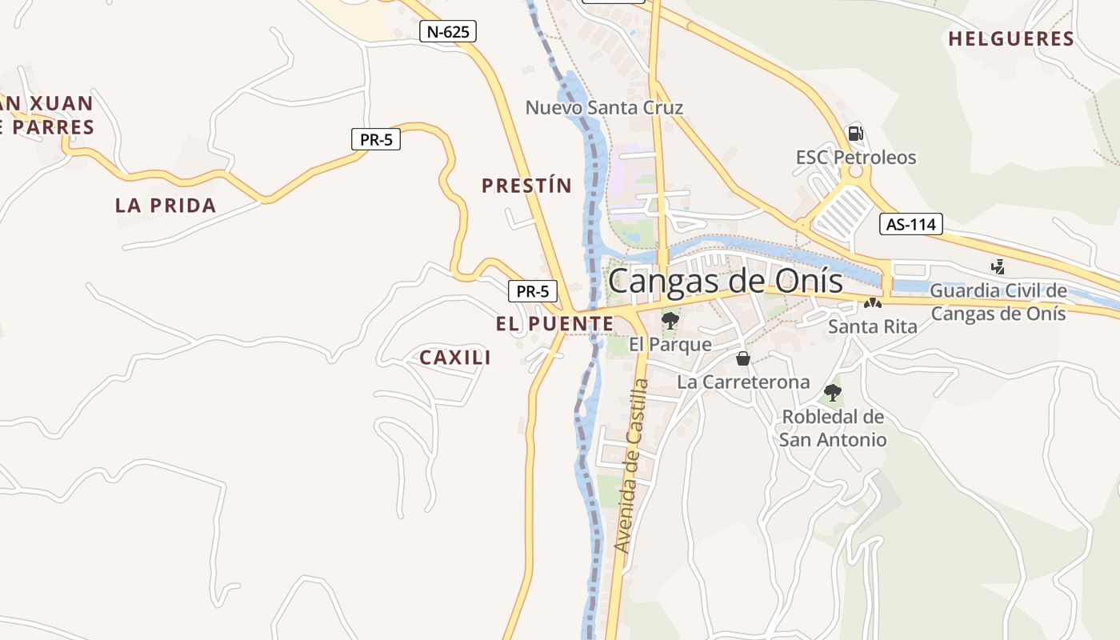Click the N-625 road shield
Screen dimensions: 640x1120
click(448, 31)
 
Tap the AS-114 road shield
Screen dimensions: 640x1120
click(911, 224)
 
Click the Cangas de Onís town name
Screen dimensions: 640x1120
click(725, 282)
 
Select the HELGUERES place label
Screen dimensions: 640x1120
click(1010, 38)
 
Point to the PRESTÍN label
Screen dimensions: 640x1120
click(526, 186)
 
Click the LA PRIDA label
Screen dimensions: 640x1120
click(166, 206)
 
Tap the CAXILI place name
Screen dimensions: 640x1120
click(455, 358)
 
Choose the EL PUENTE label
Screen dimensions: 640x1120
click(554, 324)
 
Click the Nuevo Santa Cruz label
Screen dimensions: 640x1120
click(604, 107)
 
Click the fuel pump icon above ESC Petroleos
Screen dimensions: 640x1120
click(855, 134)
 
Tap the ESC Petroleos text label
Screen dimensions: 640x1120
click(856, 157)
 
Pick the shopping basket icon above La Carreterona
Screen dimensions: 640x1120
click(743, 358)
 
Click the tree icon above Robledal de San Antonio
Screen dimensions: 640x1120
click(833, 393)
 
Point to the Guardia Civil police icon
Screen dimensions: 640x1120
click(998, 266)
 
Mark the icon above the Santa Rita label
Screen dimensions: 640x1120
click(872, 304)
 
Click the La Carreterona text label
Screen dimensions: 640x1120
click(743, 382)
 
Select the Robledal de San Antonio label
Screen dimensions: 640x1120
click(833, 428)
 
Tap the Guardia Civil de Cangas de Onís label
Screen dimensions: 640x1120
click(998, 302)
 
